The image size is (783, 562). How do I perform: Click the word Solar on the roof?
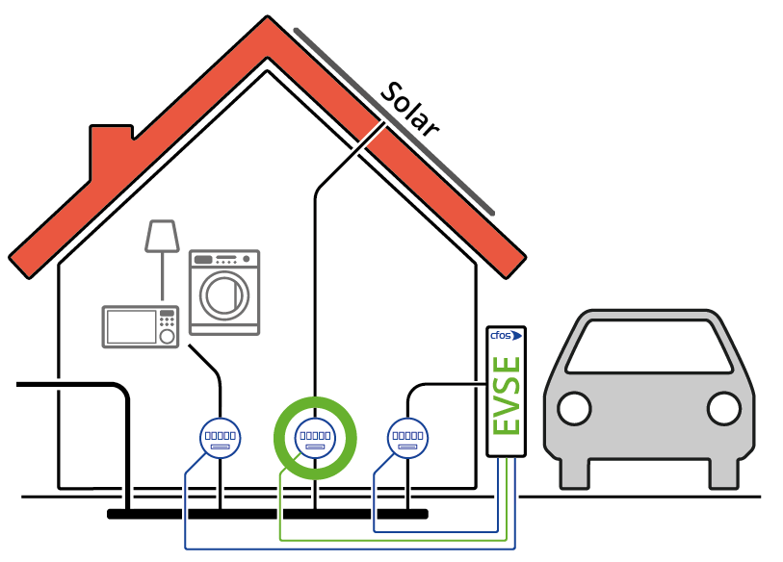point(409,111)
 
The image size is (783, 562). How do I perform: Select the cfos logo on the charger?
point(506,336)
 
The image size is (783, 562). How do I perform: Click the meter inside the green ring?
point(315,438)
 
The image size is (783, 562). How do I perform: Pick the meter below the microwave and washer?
point(220,438)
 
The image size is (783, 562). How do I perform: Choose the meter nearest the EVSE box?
point(407,438)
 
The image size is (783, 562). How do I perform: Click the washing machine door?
point(225,294)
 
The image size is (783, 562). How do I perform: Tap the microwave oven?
point(141,326)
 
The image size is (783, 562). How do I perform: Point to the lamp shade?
point(162,237)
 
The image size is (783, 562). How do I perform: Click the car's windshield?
point(648,347)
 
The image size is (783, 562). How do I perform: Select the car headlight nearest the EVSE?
point(574,408)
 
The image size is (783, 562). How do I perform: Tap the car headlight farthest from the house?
point(723,408)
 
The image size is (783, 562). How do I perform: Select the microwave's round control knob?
point(167,337)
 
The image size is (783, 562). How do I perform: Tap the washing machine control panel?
point(224,259)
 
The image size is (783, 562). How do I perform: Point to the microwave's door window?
point(131,327)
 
